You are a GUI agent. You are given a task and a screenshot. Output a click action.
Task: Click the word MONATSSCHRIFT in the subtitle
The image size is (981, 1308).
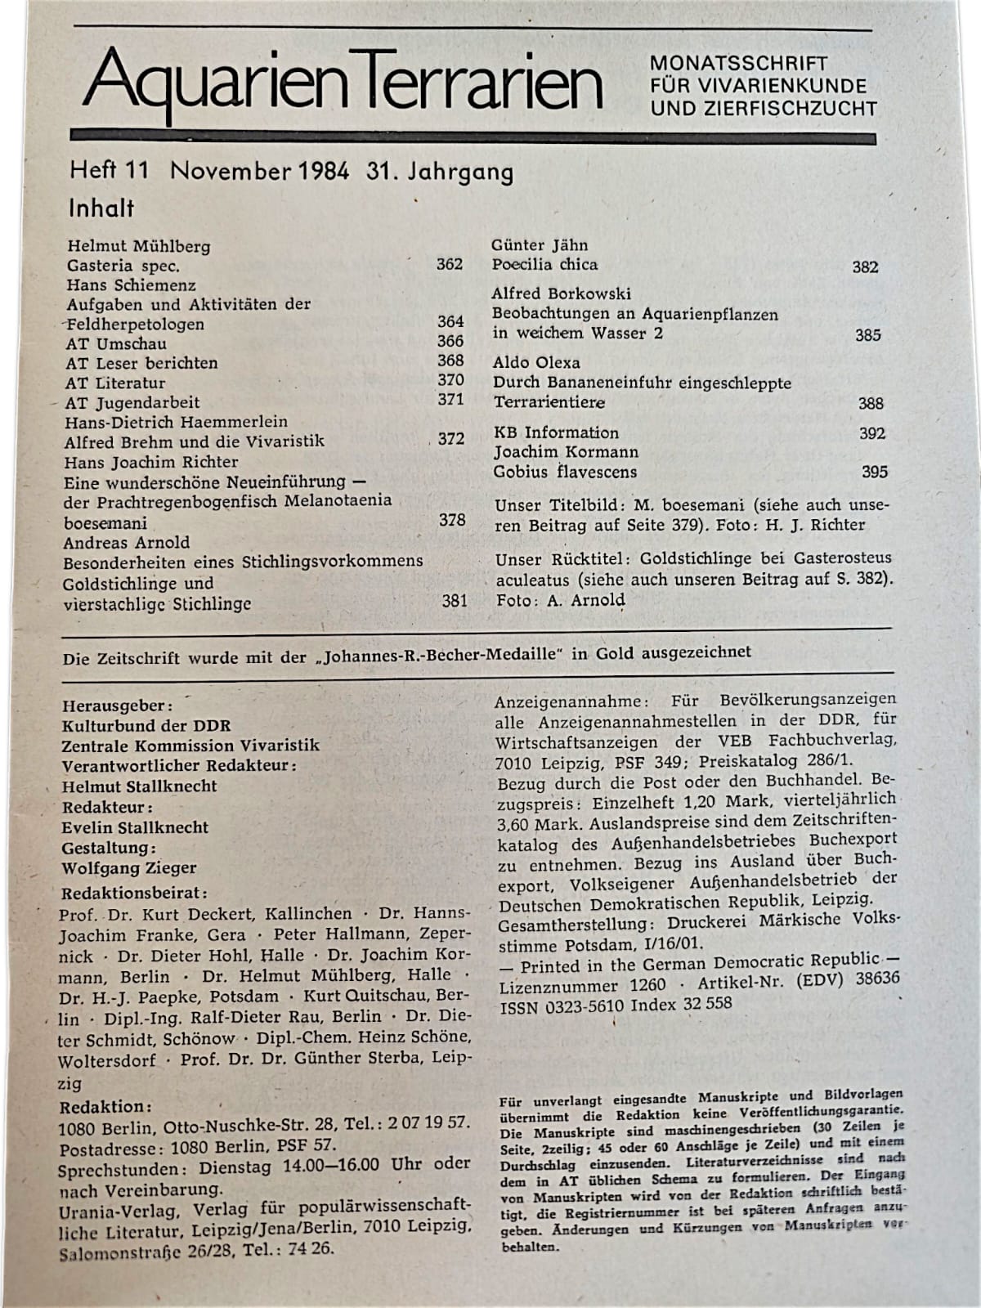[738, 63]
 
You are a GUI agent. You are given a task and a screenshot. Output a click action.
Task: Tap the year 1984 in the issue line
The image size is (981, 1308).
[320, 172]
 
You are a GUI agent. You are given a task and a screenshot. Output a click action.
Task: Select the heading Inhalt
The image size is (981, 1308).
[101, 208]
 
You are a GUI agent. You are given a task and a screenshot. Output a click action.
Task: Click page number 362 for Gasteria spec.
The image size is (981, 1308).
[449, 264]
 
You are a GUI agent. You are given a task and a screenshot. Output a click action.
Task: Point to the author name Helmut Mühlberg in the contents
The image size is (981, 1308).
[139, 246]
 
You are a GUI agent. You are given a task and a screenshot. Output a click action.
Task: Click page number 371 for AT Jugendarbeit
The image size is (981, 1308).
[450, 399]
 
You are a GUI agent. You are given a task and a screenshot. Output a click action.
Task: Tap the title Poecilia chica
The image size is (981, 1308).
[544, 265]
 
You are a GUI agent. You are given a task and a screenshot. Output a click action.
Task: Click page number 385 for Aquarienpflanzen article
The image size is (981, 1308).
[867, 334]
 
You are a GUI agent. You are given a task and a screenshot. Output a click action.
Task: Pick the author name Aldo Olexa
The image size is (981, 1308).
[536, 362]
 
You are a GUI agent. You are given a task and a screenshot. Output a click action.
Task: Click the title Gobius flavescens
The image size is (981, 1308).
[565, 472]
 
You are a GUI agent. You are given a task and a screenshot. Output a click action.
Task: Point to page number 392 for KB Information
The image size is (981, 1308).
[872, 433]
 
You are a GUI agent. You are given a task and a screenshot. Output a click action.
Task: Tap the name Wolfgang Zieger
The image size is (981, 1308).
[129, 867]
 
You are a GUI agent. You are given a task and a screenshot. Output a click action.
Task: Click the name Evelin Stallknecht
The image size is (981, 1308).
[135, 827]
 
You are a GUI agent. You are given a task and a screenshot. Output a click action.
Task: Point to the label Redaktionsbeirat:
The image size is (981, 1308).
[134, 892]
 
